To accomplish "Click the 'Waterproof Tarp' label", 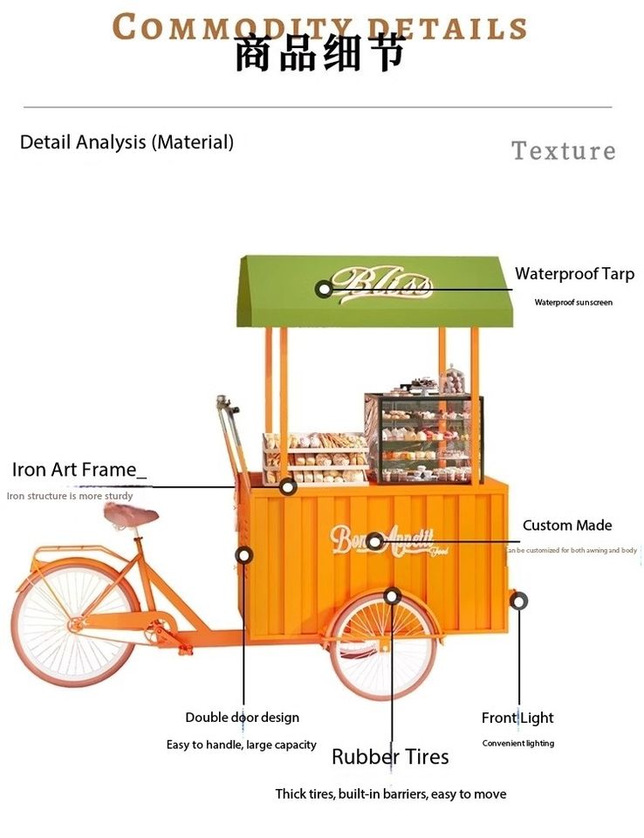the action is click(574, 274).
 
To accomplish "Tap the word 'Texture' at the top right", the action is click(563, 151).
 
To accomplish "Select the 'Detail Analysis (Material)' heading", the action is click(127, 142).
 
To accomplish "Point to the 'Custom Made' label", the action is click(567, 525).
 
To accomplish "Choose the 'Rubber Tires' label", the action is click(390, 757).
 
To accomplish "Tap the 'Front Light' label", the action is click(517, 718).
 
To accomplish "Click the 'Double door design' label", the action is click(242, 718).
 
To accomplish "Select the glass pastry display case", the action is click(423, 438).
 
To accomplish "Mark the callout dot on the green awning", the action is click(325, 289).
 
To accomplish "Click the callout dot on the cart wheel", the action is click(392, 596).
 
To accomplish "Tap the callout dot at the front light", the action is click(519, 601).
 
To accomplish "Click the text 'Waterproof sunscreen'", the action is click(573, 303).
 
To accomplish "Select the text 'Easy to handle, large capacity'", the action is click(242, 745).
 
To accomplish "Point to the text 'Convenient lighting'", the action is click(518, 744).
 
